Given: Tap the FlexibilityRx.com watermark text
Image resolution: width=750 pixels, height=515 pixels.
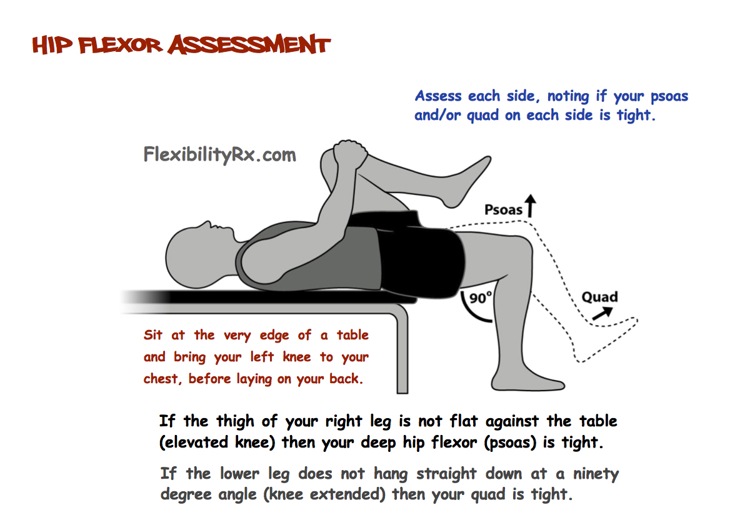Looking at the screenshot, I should (x=220, y=154).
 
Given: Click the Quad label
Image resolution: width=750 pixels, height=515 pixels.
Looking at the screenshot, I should (x=599, y=297).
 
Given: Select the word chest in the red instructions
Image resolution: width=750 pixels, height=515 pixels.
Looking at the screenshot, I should (x=161, y=379).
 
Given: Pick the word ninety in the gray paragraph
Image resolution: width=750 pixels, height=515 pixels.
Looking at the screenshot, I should (x=597, y=474).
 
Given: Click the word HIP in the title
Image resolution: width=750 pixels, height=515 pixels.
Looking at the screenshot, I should (x=53, y=46).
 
